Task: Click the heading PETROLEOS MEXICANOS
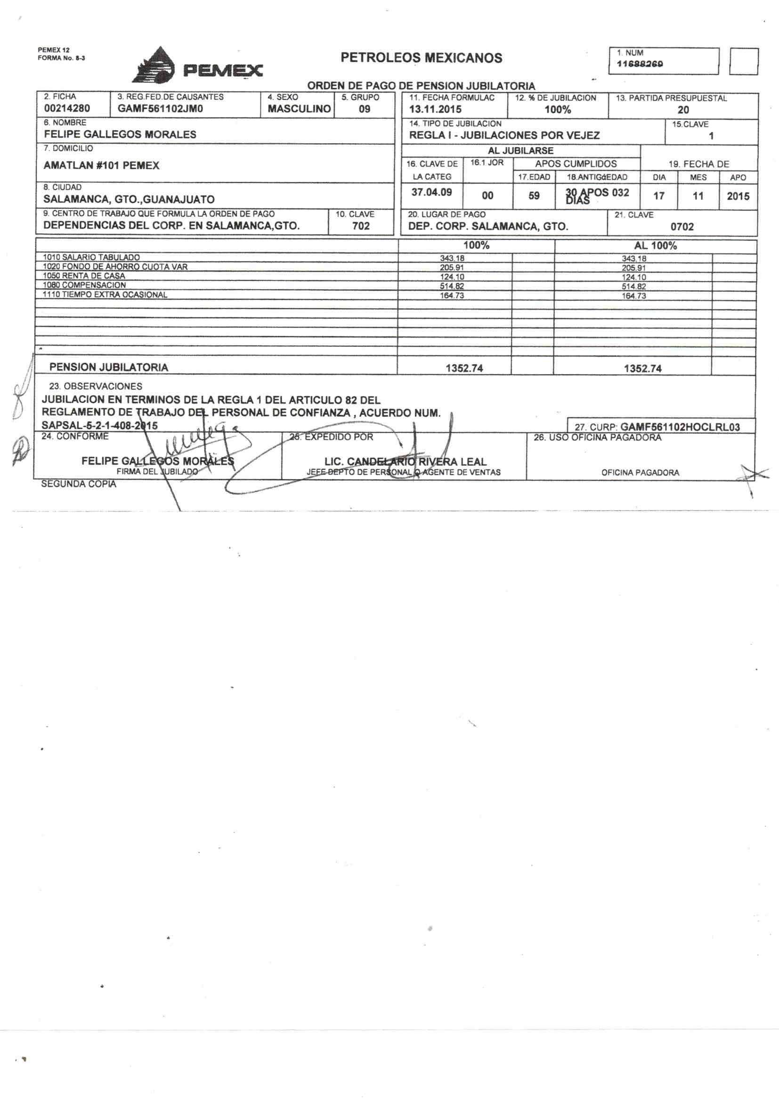[x=421, y=58]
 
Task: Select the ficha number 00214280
[x=67, y=108]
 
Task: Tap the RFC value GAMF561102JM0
[x=160, y=108]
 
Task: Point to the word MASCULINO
[x=299, y=109]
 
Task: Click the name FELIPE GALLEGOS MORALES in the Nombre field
[x=120, y=134]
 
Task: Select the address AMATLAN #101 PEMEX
[x=101, y=165]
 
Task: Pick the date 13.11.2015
[x=435, y=109]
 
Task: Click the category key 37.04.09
[x=432, y=192]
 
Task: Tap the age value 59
[x=534, y=196]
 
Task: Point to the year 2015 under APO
[x=738, y=196]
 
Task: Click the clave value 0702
[x=682, y=227]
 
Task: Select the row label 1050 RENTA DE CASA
[x=84, y=276]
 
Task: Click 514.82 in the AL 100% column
[x=633, y=287]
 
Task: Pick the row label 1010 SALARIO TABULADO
[x=91, y=257]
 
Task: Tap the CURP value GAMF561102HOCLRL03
[x=680, y=427]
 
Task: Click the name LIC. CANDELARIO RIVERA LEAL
[x=406, y=462]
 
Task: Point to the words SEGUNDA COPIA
[x=79, y=484]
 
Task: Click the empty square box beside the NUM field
[x=744, y=61]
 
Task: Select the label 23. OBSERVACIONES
[x=96, y=386]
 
